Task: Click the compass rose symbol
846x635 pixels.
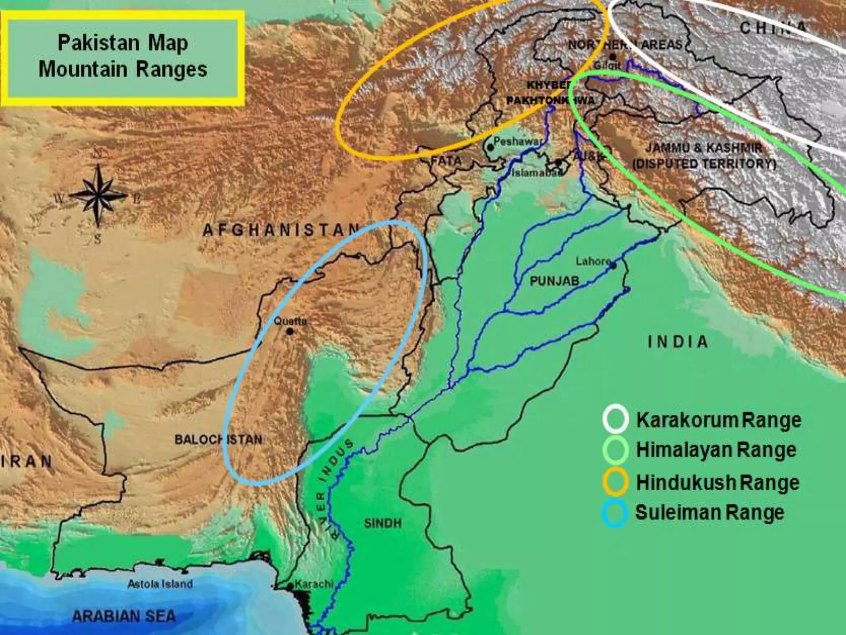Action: pyautogui.click(x=97, y=196)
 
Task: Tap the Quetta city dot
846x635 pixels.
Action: pyautogui.click(x=290, y=331)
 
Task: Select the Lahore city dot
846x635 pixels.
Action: pyautogui.click(x=613, y=266)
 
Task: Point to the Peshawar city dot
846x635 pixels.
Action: pyautogui.click(x=490, y=147)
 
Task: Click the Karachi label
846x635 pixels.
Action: pyautogui.click(x=314, y=584)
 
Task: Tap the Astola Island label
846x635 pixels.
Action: pyautogui.click(x=160, y=584)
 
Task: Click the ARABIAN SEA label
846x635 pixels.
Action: pyautogui.click(x=124, y=616)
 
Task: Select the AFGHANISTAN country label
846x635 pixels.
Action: pyautogui.click(x=281, y=230)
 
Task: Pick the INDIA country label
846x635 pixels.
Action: pyautogui.click(x=678, y=342)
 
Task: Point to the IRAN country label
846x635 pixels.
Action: pyautogui.click(x=27, y=461)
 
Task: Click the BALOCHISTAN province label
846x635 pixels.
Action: pyautogui.click(x=218, y=439)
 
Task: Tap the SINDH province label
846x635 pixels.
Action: pyautogui.click(x=383, y=523)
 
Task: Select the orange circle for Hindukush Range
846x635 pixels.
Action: pyautogui.click(x=615, y=482)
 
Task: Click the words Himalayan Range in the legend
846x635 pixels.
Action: pyautogui.click(x=716, y=450)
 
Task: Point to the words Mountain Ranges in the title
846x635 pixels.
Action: pyautogui.click(x=123, y=69)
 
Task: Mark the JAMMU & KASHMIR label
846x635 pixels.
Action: pyautogui.click(x=704, y=148)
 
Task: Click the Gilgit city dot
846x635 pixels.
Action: pyautogui.click(x=613, y=57)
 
